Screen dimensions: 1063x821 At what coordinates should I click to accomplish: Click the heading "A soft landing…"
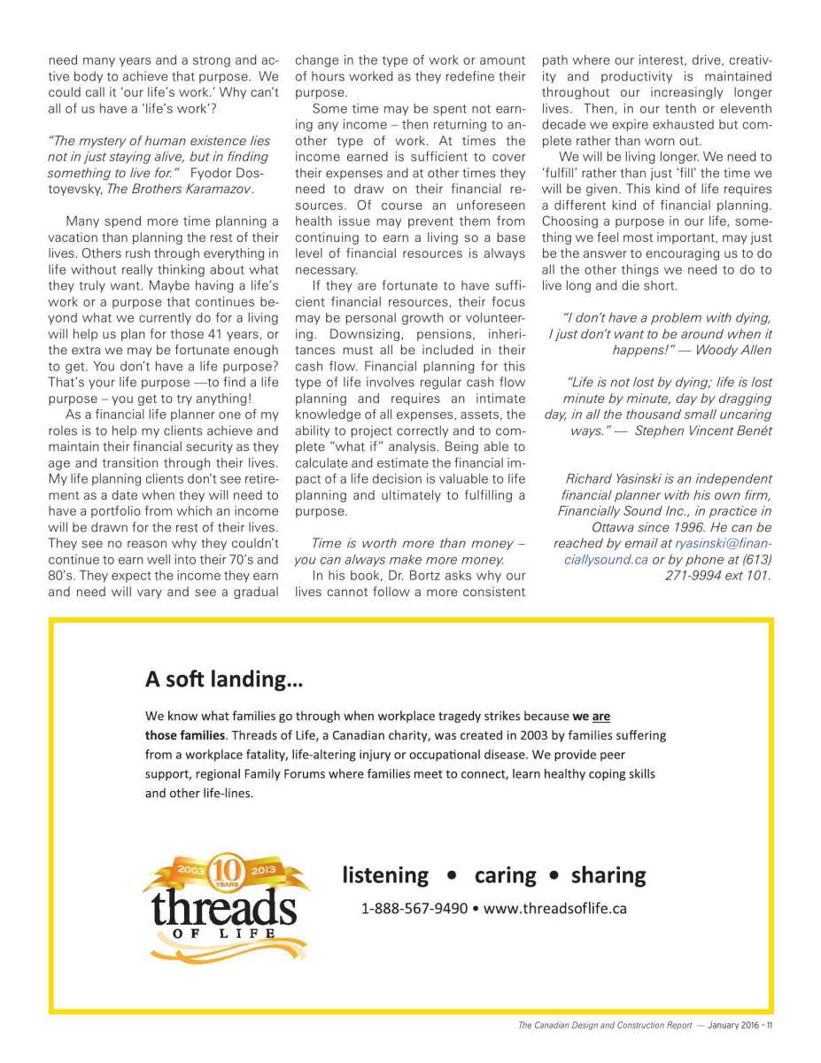pos(223,679)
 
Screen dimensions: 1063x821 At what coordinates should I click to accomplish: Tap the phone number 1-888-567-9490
pos(414,909)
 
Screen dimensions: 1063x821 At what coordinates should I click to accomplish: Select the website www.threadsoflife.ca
pos(555,909)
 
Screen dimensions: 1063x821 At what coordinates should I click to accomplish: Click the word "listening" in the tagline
pos(385,876)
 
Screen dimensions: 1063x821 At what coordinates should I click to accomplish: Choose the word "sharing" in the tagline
pos(608,876)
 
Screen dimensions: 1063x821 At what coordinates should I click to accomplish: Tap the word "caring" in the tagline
pos(505,876)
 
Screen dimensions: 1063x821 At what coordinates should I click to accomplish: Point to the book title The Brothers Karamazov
pos(157,190)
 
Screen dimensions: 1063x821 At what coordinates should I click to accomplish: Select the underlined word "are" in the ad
pos(601,716)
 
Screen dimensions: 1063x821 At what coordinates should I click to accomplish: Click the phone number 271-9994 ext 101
pos(717,576)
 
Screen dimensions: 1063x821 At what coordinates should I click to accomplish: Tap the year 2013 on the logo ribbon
pos(264,870)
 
